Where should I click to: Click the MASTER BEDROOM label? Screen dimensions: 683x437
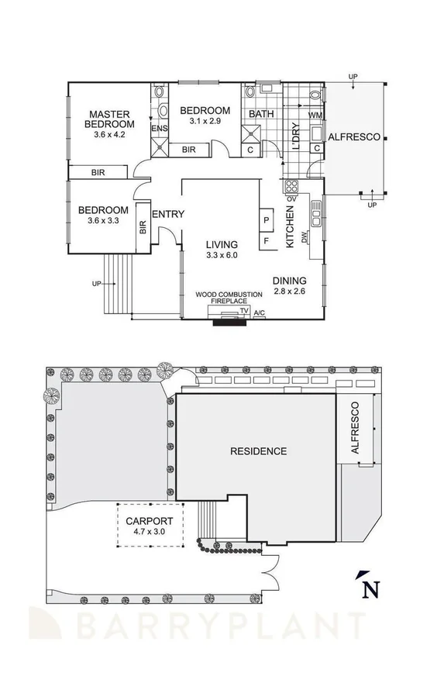coord(109,119)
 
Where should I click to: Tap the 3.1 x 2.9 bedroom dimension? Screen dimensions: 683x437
coord(205,121)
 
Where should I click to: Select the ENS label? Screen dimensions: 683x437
coord(160,129)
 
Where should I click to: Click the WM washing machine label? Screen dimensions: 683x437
coord(315,116)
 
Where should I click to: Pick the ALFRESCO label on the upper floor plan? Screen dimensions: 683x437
coord(354,137)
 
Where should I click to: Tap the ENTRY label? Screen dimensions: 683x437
coord(167,215)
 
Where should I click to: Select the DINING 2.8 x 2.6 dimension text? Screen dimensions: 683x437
coord(290,292)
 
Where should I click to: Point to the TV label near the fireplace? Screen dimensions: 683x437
coord(243,311)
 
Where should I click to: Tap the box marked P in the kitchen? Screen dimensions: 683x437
coord(266,220)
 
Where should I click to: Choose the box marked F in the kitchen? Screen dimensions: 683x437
coord(266,240)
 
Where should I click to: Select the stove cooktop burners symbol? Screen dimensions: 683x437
coord(292,186)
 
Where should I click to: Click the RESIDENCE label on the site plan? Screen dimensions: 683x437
coord(258,451)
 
